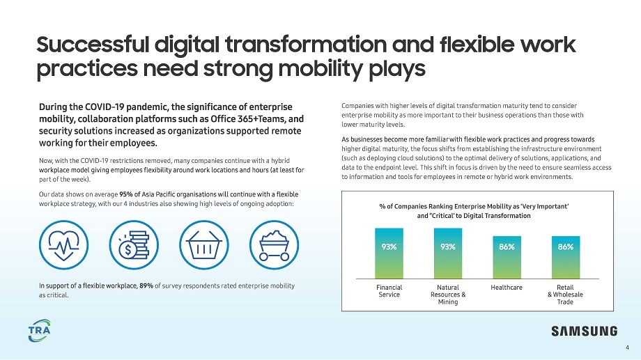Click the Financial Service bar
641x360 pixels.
coord(389,253)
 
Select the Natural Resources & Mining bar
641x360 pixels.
coord(448,253)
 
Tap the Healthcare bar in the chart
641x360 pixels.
coord(507,257)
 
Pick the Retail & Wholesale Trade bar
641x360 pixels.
coord(565,257)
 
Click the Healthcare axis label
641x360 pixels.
coord(507,287)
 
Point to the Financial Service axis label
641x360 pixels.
coord(389,290)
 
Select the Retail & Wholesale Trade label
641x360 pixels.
coord(565,295)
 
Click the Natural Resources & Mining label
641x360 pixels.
coord(448,295)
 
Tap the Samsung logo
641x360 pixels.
coord(584,331)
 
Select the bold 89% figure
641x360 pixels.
coord(146,285)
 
